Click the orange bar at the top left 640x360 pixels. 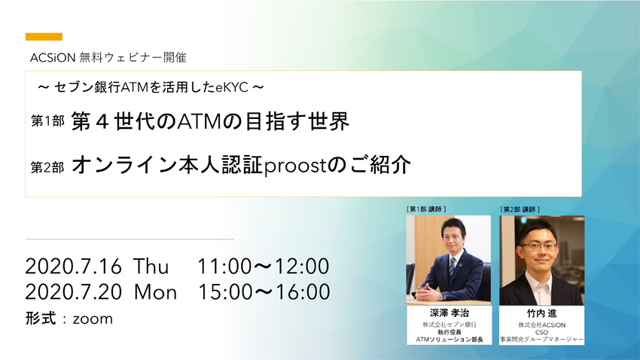[44, 37]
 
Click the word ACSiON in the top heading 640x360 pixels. [53, 58]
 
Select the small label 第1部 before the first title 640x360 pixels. [47, 121]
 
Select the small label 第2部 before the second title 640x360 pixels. [47, 167]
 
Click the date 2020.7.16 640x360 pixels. [74, 267]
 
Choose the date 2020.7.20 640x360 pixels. [74, 292]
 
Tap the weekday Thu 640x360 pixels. [151, 267]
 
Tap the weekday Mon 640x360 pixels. [156, 292]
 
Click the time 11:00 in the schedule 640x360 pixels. [225, 267]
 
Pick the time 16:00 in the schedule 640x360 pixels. [303, 292]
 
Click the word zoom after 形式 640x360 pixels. [93, 319]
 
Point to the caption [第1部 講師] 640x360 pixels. [426, 209]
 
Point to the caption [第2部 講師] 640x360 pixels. [520, 209]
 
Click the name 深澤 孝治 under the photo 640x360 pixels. [450, 313]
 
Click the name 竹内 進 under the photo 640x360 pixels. [541, 313]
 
